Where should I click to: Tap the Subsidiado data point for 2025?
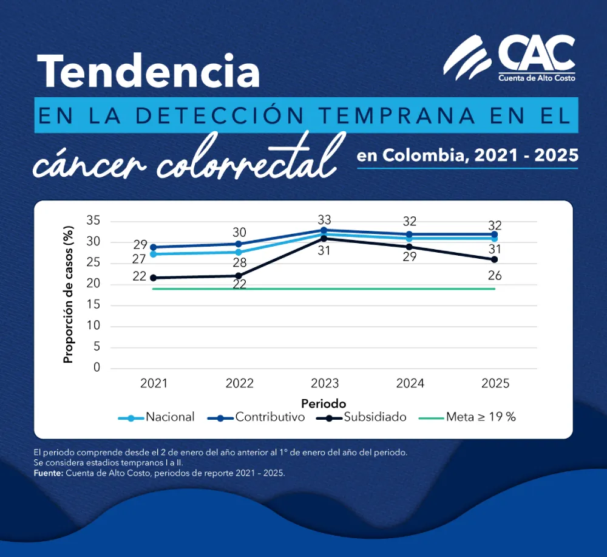[495, 259]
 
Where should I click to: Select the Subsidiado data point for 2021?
[154, 278]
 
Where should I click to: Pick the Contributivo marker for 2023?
[324, 230]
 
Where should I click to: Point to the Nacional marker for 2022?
[239, 252]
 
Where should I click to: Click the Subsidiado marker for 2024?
[410, 247]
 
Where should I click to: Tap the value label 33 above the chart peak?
[324, 219]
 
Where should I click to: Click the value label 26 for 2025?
[495, 276]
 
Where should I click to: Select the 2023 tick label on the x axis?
[324, 384]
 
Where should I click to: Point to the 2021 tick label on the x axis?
[154, 384]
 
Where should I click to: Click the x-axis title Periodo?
[324, 403]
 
